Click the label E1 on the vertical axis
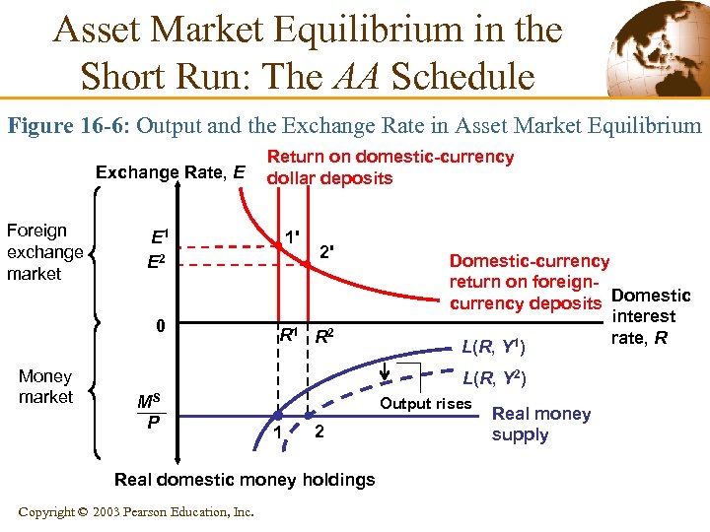[x=158, y=237]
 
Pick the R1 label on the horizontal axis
[x=289, y=335]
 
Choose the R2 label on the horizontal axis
[x=324, y=336]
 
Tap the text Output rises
[x=426, y=403]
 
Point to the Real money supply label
[x=540, y=424]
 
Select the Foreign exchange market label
[x=44, y=251]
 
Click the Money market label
[x=45, y=386]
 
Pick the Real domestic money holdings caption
[x=245, y=480]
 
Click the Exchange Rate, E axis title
[x=171, y=172]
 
